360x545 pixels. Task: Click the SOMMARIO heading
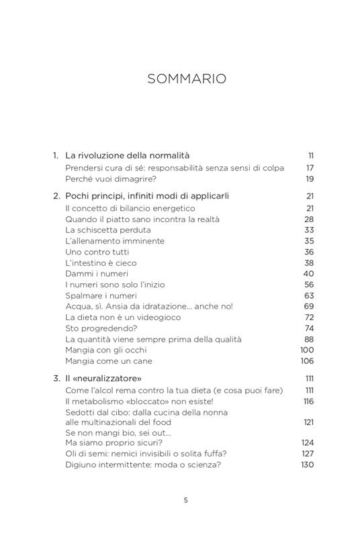[x=187, y=79]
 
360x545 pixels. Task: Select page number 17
[x=310, y=168]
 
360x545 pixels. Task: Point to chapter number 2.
[x=56, y=196]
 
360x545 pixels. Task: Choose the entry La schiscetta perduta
[x=105, y=230]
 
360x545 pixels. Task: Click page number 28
[x=309, y=219]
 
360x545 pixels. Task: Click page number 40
[x=309, y=273]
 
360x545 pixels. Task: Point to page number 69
[x=309, y=306]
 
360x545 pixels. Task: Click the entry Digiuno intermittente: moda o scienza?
[x=143, y=464]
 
